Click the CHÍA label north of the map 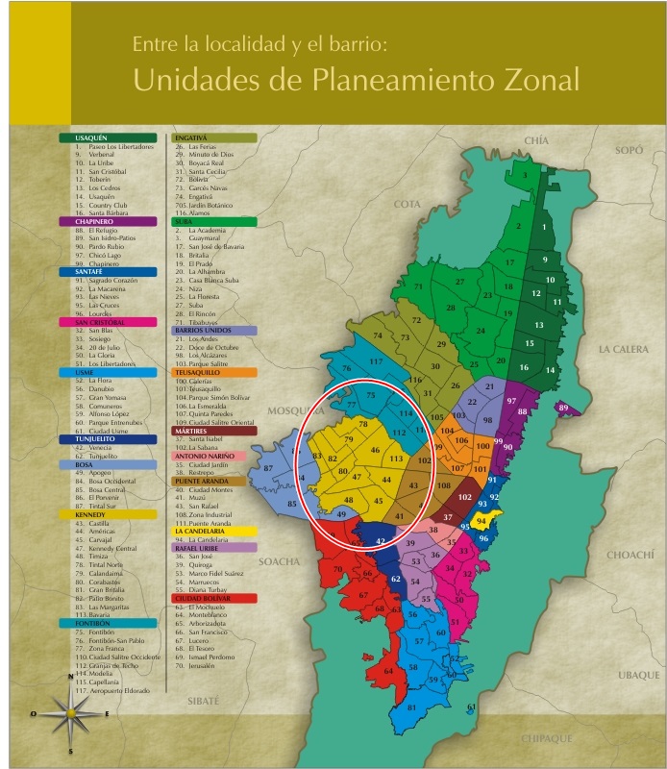click(535, 140)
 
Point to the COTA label click(408, 204)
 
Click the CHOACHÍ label click(629, 555)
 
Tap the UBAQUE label click(638, 675)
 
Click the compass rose click(70, 713)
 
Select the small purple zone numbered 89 click(564, 409)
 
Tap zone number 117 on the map click(376, 361)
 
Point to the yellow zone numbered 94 click(482, 519)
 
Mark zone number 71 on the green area click(418, 286)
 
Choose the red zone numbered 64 click(388, 671)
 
